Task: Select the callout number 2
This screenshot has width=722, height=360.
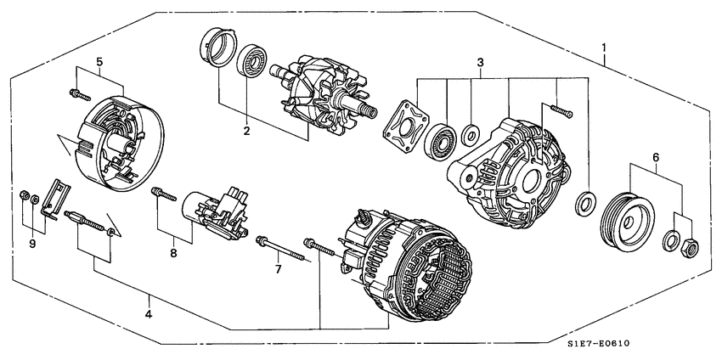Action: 247,132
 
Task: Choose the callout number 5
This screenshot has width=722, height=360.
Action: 99,62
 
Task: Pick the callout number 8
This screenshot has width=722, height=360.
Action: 173,252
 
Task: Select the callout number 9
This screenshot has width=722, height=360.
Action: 31,244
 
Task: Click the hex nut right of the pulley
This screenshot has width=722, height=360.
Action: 690,247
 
